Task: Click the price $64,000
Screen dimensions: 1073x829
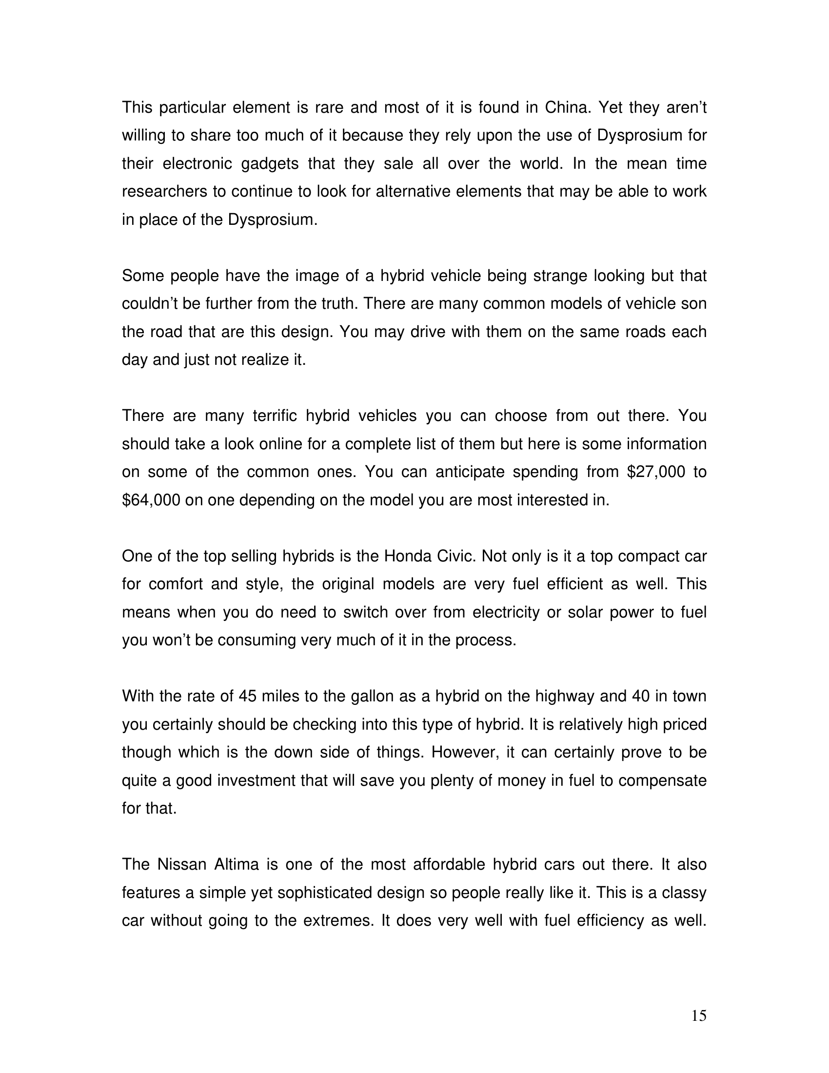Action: pos(151,500)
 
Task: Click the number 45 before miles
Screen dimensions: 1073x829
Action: pos(248,696)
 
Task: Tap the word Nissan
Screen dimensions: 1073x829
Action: pos(182,864)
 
